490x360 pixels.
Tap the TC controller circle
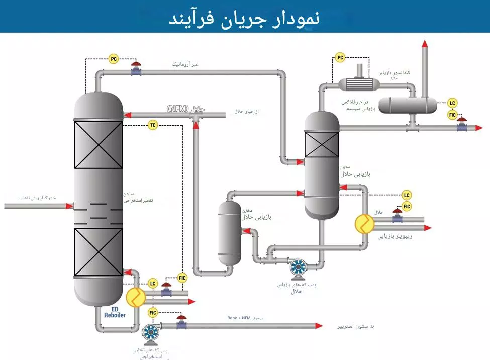(153, 125)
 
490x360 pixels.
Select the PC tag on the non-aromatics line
(114, 59)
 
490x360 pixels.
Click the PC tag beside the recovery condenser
(340, 58)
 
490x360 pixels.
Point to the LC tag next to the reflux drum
(453, 103)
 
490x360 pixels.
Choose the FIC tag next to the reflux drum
(453, 115)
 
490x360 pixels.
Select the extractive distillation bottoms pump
(150, 332)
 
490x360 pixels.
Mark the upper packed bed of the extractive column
(99, 144)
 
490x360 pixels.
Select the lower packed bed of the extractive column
(99, 252)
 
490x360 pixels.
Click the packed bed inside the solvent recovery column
(322, 145)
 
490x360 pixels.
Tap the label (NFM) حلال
(186, 109)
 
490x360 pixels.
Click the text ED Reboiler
(115, 312)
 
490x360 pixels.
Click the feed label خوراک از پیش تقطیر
(38, 198)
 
